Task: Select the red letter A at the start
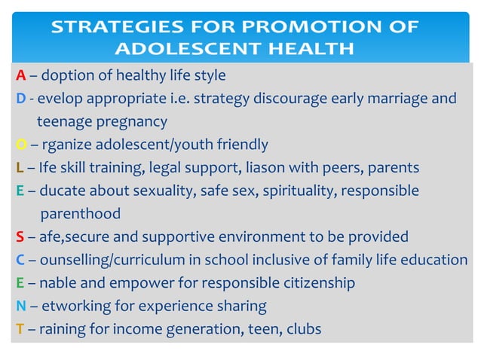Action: pyautogui.click(x=21, y=75)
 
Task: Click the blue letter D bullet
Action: pyautogui.click(x=20, y=98)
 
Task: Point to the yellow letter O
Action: pyautogui.click(x=21, y=144)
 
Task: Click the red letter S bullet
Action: pyautogui.click(x=20, y=236)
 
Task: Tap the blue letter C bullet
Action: pyautogui.click(x=20, y=260)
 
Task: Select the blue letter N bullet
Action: pyautogui.click(x=21, y=306)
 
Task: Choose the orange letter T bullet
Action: pyautogui.click(x=20, y=329)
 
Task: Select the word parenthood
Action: pyautogui.click(x=80, y=214)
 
